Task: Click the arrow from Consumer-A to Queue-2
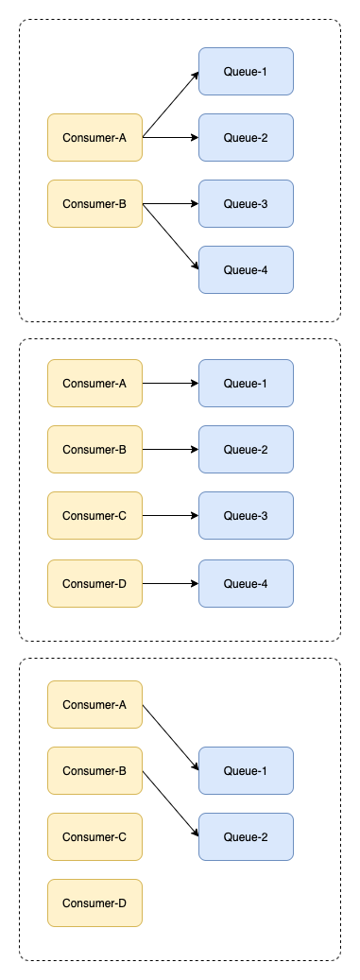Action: pos(171,137)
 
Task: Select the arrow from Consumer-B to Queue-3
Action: pos(171,204)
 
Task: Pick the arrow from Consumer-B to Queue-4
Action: pos(171,237)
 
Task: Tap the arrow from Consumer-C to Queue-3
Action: pos(171,516)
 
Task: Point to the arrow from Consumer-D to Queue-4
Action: pos(171,584)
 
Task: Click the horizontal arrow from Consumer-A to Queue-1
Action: pos(171,383)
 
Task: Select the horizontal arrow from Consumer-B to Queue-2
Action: pos(171,450)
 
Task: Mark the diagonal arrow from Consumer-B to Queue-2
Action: pos(171,803)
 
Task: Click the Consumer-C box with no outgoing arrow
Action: pos(95,837)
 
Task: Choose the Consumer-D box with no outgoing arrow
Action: pos(95,903)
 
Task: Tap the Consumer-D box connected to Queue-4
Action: pos(95,584)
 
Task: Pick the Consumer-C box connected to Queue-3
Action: pos(95,516)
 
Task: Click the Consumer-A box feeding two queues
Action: pos(95,137)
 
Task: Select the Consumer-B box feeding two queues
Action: pos(95,204)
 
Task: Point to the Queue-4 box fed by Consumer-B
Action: pos(247,270)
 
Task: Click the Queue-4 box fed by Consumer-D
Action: pos(247,584)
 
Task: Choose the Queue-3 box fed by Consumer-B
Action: pos(247,204)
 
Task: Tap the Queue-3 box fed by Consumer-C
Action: pos(247,516)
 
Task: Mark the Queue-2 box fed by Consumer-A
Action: pos(247,137)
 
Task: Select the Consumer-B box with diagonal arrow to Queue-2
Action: pos(95,770)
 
